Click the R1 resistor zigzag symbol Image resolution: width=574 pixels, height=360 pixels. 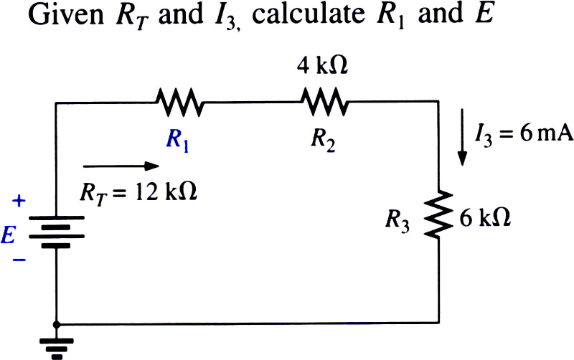(179, 102)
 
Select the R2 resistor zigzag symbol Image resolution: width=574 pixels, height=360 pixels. (324, 101)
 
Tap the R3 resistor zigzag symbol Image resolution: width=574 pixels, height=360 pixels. (438, 214)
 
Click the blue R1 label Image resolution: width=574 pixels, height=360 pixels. (177, 141)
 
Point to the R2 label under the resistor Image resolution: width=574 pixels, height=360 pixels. (323, 141)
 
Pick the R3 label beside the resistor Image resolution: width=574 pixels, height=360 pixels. (397, 222)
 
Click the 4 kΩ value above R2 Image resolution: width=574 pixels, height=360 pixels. (322, 66)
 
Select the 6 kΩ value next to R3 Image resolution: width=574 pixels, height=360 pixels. (485, 219)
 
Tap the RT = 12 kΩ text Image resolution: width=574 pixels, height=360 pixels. (138, 193)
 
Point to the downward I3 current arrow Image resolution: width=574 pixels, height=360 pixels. (462, 137)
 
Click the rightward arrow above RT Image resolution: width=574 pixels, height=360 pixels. (121, 166)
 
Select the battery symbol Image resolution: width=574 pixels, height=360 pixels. (57, 232)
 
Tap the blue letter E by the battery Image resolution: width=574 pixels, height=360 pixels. (9, 235)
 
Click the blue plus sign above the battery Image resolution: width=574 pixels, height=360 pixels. (19, 201)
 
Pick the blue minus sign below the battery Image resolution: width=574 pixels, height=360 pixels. (19, 260)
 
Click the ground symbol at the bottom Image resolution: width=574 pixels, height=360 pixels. (57, 349)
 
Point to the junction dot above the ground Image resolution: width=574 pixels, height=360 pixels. (56, 325)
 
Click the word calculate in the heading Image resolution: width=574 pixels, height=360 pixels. (309, 14)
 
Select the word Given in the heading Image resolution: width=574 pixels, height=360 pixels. (66, 14)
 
